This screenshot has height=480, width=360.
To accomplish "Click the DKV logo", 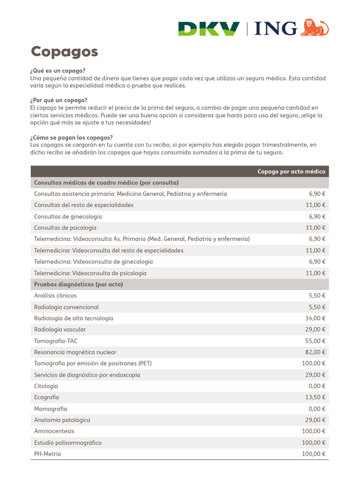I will tap(209, 29).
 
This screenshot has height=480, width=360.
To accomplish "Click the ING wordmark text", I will tap(276, 29).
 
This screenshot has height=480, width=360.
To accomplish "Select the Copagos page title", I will tap(64, 52).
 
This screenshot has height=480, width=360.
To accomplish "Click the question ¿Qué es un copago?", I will tap(58, 71).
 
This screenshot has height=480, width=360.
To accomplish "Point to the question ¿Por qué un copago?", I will tap(59, 100).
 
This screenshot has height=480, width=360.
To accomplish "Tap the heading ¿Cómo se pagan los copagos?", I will tap(71, 137).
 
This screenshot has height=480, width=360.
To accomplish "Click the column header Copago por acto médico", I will tap(291, 172).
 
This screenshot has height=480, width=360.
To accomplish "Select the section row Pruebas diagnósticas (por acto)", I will tap(78, 285).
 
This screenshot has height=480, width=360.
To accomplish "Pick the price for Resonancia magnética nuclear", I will tap(315, 352).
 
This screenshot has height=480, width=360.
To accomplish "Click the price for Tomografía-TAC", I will tap(315, 341).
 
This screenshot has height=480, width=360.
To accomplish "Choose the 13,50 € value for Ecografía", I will tap(315, 397).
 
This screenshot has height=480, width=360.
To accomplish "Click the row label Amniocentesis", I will tap(54, 431).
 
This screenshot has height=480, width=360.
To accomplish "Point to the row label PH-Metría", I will tap(47, 454).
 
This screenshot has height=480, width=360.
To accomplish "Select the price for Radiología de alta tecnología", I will tap(315, 318).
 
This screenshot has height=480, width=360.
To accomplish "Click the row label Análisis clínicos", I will tap(55, 296).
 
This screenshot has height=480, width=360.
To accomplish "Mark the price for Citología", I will tap(317, 386).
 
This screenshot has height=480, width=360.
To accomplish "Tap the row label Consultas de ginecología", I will tap(67, 217).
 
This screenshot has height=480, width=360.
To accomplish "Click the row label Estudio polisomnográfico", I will tap(67, 442).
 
